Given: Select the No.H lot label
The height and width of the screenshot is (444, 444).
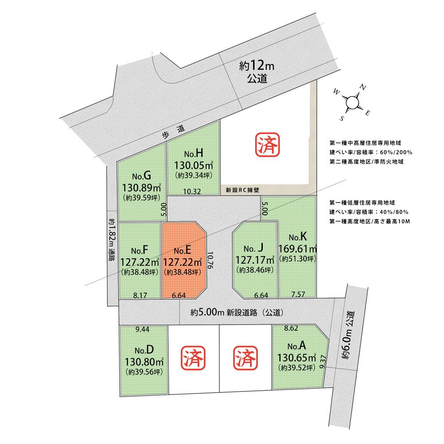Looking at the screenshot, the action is click(194, 154).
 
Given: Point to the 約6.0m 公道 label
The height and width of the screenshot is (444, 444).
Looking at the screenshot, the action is click(349, 335).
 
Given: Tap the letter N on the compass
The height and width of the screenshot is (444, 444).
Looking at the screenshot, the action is click(363, 87).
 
